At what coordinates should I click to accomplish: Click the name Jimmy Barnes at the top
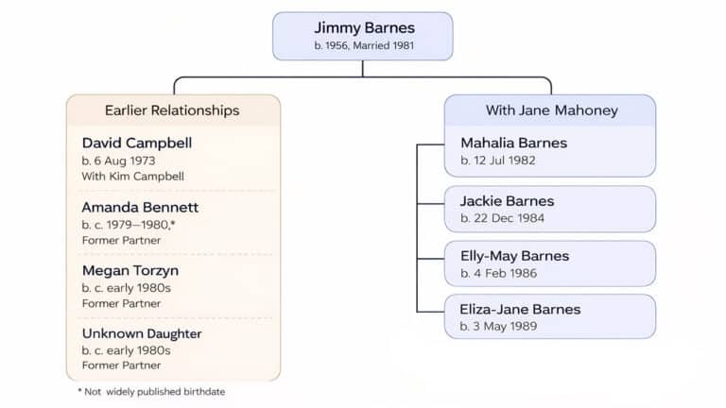[x=363, y=27]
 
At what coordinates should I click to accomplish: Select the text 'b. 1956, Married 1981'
[x=363, y=45]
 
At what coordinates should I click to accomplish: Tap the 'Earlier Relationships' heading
[x=172, y=110]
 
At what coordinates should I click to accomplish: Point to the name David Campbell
[x=137, y=143]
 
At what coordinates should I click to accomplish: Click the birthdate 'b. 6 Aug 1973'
[x=120, y=161]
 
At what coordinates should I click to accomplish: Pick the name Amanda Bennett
[x=140, y=207]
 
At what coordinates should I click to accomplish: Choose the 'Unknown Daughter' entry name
[x=142, y=333]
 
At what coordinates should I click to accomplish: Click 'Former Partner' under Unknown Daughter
[x=121, y=365]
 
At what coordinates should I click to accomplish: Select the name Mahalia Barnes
[x=514, y=143]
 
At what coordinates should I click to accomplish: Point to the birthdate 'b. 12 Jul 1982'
[x=498, y=161]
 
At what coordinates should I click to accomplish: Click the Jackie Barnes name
[x=507, y=201]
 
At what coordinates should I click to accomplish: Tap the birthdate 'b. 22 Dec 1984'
[x=502, y=218]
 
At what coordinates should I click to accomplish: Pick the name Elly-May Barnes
[x=515, y=256]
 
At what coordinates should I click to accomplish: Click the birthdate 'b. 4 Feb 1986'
[x=499, y=273]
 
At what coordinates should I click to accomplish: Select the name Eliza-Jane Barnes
[x=520, y=309]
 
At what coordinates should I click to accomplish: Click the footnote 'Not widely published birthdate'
[x=155, y=391]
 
